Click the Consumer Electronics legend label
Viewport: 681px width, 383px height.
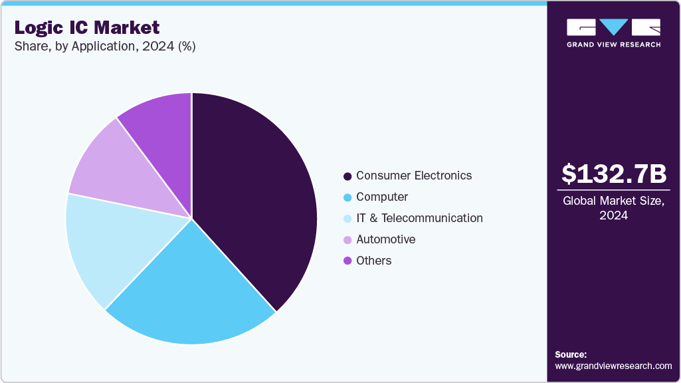click(414, 176)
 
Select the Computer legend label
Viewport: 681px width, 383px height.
click(382, 197)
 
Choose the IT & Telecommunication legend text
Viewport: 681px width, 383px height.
click(419, 218)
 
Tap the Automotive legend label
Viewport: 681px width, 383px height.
click(385, 239)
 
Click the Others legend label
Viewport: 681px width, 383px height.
click(373, 261)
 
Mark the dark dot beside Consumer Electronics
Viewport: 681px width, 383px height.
click(347, 176)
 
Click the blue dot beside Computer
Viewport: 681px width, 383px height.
click(347, 197)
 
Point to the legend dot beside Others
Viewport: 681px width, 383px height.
click(347, 261)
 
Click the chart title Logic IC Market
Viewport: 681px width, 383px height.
click(87, 27)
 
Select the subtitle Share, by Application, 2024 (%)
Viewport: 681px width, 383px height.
click(104, 47)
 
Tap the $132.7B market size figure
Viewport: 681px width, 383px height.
click(613, 174)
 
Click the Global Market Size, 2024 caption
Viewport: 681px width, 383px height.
click(613, 208)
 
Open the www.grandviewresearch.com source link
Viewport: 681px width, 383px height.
click(613, 366)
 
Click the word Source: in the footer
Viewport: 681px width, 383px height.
click(571, 354)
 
